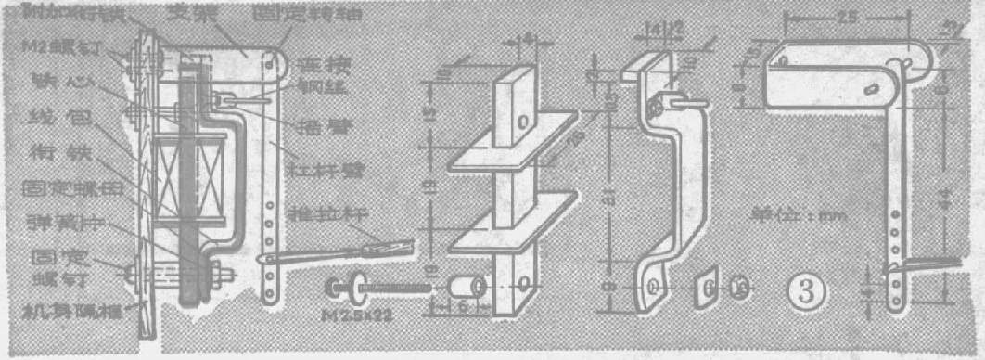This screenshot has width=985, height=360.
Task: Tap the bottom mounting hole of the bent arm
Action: coord(655,285)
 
